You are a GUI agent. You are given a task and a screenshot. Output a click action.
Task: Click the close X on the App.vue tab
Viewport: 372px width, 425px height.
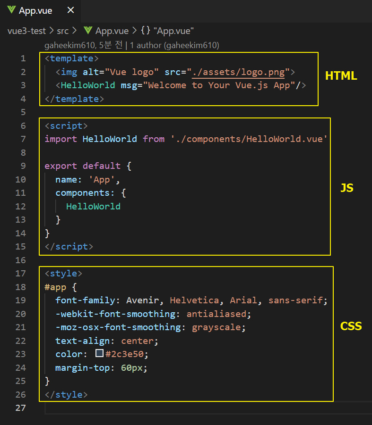[x=70, y=10]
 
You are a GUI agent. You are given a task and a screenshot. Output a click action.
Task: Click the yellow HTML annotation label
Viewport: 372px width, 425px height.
[x=341, y=76]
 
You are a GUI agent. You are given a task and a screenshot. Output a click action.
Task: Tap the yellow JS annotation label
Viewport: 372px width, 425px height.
[x=347, y=188]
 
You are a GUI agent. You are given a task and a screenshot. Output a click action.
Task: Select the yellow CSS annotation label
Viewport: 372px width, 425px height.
[x=351, y=326]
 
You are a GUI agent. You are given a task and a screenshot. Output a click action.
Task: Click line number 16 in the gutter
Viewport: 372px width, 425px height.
[x=21, y=260]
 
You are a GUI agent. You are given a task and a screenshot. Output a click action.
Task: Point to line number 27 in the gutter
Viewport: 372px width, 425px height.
[x=21, y=408]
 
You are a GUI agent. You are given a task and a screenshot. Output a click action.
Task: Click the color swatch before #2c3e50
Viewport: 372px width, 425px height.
[x=99, y=353]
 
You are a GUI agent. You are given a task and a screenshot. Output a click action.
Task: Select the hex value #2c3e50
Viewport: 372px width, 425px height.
[x=124, y=354]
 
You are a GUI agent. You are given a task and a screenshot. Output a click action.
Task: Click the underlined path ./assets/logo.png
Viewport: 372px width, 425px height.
[x=238, y=72]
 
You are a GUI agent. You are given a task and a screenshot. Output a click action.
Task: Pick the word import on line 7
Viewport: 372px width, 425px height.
[x=61, y=139]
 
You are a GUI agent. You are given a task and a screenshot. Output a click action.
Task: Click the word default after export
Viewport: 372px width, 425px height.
[x=102, y=166]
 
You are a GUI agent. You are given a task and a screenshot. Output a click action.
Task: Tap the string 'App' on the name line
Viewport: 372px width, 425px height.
[x=102, y=179]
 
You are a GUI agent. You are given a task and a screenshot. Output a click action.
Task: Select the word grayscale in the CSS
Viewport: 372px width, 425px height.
[x=216, y=328]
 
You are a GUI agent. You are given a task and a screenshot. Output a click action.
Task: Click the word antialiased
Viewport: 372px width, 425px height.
[x=216, y=314]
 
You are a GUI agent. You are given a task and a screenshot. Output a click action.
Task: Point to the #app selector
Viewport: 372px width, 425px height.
[x=55, y=287]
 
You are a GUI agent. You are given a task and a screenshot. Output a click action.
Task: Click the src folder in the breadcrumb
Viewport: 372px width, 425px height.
[x=63, y=31]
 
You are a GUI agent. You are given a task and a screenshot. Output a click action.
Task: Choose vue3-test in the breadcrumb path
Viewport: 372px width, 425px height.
[x=26, y=31]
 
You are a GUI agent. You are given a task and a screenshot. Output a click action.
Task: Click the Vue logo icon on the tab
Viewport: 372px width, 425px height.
[x=11, y=10]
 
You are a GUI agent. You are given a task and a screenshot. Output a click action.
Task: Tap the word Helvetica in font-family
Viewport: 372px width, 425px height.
[x=194, y=300]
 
